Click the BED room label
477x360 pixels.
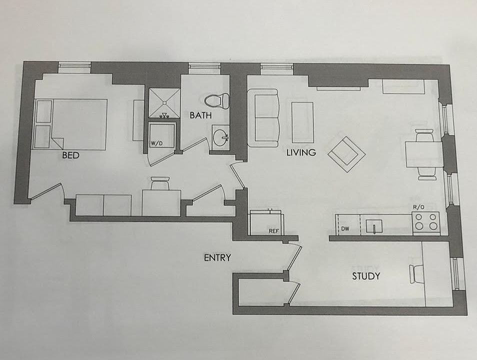tap(71, 155)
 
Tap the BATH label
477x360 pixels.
tap(200, 115)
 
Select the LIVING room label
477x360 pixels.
tap(301, 152)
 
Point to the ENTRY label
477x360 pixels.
tap(217, 258)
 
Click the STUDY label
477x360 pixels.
tap(366, 276)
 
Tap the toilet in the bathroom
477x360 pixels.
tap(217, 101)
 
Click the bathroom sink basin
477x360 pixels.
tap(219, 135)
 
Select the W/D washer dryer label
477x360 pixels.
tap(156, 143)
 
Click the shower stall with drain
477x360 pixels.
tap(163, 102)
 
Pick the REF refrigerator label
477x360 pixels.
tap(273, 231)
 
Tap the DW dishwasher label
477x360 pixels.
tap(345, 229)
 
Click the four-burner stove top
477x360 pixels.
tap(425, 221)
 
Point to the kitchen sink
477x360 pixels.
tap(373, 226)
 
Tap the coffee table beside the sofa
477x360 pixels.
tap(302, 121)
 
